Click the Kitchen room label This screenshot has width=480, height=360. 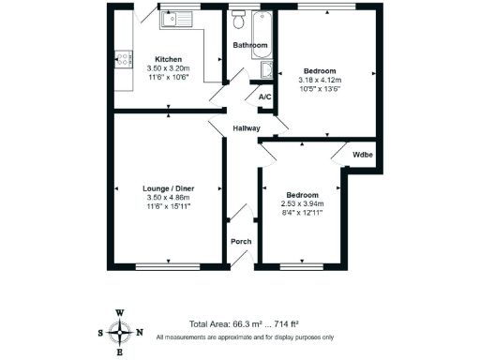(169, 58)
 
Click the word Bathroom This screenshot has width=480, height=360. (249, 45)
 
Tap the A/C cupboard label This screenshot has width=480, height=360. (264, 96)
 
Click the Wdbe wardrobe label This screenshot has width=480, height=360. (362, 155)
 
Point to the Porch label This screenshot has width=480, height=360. (241, 242)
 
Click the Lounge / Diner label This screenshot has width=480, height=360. (168, 187)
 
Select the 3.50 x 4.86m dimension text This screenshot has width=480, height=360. (168, 197)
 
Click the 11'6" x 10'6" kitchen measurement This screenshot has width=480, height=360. (169, 78)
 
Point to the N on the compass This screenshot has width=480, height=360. (140, 332)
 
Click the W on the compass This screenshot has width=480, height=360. (120, 313)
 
